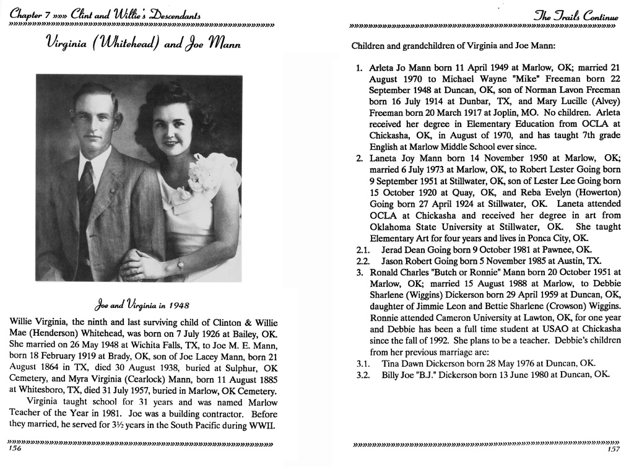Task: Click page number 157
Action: [614, 449]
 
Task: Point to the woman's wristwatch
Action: [180, 264]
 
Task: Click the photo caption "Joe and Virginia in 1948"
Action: [142, 305]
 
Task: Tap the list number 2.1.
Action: [362, 250]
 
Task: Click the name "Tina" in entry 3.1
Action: [391, 363]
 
